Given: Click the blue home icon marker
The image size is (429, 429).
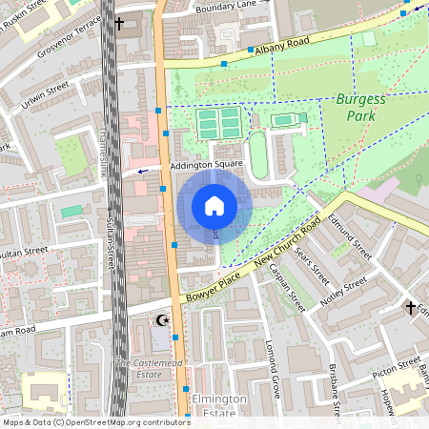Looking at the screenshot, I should coord(214,206).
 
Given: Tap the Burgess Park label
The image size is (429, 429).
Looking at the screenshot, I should coord(362,106).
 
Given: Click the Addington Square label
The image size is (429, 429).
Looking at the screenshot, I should coord(207,166).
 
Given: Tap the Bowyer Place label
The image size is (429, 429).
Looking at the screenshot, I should coord(214,283).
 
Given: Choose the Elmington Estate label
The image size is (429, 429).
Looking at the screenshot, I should coord(219,405).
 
